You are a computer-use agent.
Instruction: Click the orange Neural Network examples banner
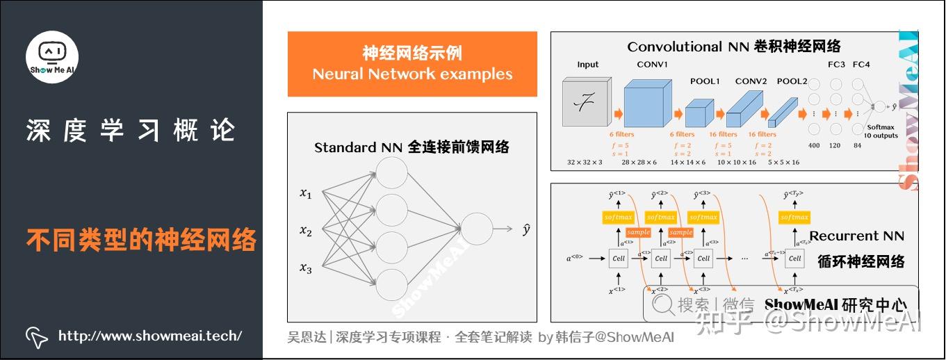(412, 64)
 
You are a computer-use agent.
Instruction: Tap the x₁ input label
(306, 194)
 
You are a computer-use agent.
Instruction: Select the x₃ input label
(306, 268)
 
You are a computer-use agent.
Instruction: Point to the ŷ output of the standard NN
(526, 229)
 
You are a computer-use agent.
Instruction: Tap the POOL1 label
(705, 81)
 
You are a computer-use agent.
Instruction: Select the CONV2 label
(751, 81)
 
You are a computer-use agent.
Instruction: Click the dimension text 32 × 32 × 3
(585, 162)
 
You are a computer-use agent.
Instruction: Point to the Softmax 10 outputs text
(881, 131)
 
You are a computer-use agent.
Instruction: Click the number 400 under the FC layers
(815, 145)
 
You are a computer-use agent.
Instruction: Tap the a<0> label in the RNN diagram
(574, 258)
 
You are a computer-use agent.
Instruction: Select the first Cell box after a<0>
(619, 258)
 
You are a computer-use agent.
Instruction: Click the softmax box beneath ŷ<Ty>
(794, 217)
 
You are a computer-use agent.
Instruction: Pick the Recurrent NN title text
(856, 236)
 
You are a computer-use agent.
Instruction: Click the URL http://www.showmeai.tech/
(150, 336)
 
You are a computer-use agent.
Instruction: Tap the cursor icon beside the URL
(36, 336)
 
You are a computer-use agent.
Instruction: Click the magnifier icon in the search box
(663, 304)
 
